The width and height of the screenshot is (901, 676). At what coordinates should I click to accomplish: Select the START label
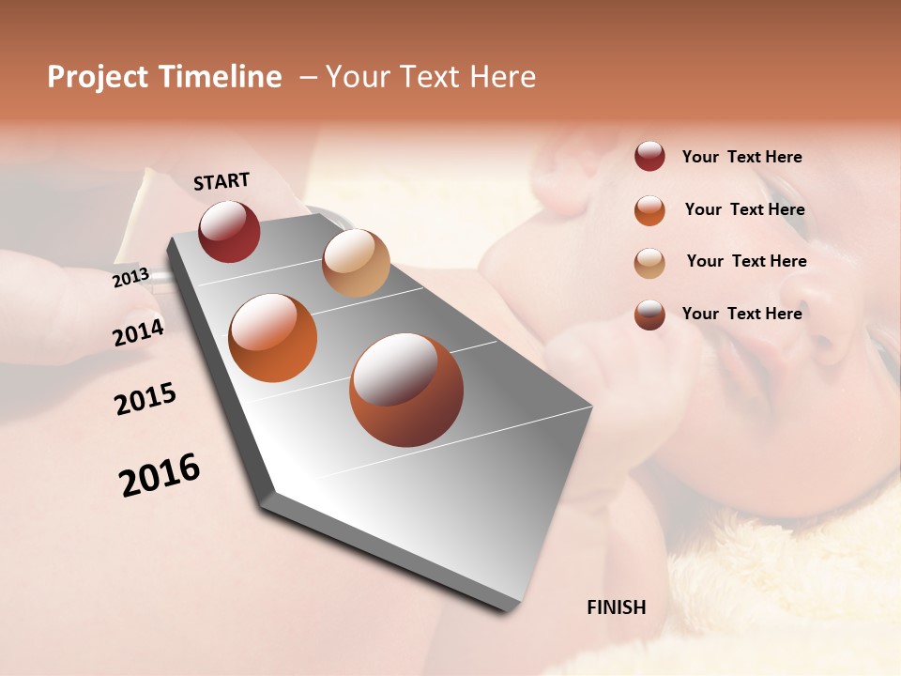(x=221, y=181)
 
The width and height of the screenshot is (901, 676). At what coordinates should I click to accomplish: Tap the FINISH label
(x=616, y=607)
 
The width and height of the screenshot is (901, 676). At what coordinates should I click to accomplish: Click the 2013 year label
(x=130, y=277)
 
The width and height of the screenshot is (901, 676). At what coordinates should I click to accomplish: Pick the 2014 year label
(x=139, y=332)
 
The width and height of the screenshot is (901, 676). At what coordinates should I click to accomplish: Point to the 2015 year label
(x=145, y=399)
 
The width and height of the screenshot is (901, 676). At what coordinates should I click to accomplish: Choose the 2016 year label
(x=160, y=474)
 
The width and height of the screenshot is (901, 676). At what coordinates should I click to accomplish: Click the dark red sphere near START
(x=229, y=231)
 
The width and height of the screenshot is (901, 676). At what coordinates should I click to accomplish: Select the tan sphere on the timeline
(x=356, y=263)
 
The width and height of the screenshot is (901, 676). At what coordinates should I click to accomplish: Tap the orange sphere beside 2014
(x=273, y=338)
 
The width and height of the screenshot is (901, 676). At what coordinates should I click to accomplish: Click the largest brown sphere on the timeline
(x=406, y=390)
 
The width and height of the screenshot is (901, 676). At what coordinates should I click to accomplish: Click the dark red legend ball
(x=649, y=157)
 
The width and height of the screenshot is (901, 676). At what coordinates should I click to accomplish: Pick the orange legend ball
(x=649, y=209)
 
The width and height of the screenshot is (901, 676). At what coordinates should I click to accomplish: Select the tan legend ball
(x=649, y=262)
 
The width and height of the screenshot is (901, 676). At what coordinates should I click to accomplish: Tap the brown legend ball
(x=649, y=315)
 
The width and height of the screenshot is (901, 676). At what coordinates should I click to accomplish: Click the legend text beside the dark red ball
(x=741, y=157)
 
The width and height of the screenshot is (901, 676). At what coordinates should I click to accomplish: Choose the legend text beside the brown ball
(x=741, y=314)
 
